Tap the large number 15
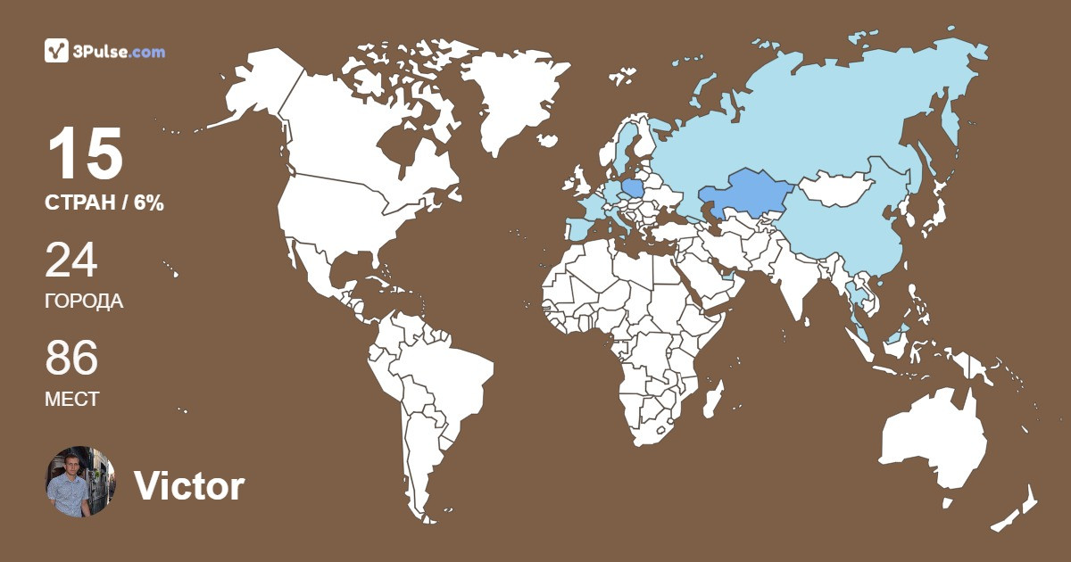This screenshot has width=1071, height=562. point(85,154)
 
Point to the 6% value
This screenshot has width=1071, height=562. point(149,203)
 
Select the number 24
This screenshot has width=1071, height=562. point(71,260)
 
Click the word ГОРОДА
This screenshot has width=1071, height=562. point(84,302)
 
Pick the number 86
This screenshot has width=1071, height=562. point(71,359)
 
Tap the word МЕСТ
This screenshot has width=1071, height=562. point(71,400)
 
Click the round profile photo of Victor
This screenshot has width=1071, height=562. point(80,482)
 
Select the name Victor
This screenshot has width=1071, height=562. point(189,486)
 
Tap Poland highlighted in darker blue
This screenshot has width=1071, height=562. point(633,189)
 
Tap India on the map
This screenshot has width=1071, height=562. point(790,277)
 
